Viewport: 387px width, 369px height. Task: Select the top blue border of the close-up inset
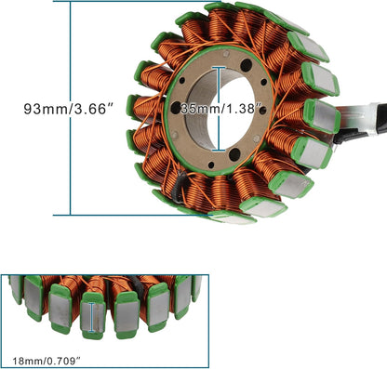(102, 275)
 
